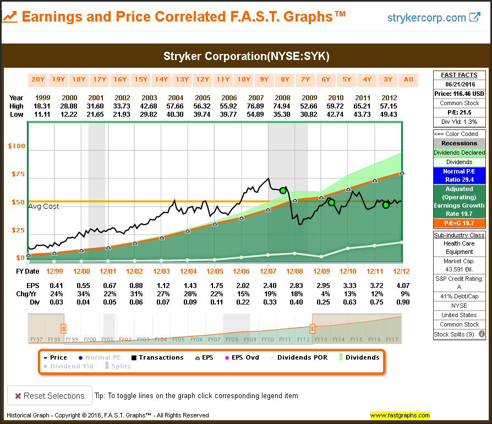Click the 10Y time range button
click(244, 79)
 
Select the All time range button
click(408, 79)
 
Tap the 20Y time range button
click(38, 79)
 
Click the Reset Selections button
click(50, 395)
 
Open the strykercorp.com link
click(434, 18)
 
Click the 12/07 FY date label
click(268, 271)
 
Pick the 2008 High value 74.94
click(282, 106)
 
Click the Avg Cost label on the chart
click(43, 206)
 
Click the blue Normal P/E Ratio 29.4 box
click(459, 176)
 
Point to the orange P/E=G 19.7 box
click(459, 224)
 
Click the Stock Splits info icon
click(482, 334)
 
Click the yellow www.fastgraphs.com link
click(400, 415)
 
